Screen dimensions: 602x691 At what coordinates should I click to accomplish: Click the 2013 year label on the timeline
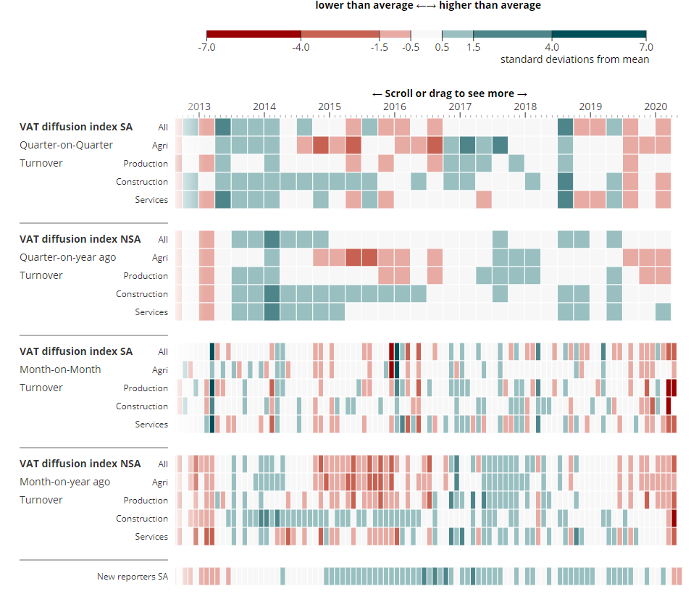[x=199, y=106]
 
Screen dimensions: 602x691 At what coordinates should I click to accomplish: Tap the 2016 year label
[x=395, y=106]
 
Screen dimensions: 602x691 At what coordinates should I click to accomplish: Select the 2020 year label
[x=656, y=106]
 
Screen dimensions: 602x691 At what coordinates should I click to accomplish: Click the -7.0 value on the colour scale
[x=207, y=47]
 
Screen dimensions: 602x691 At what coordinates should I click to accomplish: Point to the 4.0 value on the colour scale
[x=552, y=47]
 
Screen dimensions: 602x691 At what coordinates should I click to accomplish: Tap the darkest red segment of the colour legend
[x=254, y=34]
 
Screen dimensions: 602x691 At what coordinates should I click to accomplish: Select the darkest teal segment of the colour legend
[x=599, y=34]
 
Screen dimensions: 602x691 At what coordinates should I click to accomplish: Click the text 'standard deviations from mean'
[x=574, y=59]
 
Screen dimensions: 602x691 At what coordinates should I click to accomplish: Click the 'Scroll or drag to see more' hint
[x=449, y=93]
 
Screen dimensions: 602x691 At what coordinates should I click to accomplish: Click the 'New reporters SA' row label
[x=133, y=577]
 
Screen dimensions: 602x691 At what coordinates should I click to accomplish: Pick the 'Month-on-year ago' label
[x=64, y=482]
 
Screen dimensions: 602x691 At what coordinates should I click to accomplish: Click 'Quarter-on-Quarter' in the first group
[x=66, y=145]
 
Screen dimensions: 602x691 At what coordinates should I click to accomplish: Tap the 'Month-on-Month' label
[x=60, y=369]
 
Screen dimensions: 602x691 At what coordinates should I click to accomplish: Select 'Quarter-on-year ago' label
[x=67, y=257]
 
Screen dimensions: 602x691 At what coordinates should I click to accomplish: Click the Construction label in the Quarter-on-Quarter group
[x=142, y=182]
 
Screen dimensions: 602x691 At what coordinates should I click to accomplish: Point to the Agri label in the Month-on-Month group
[x=160, y=370]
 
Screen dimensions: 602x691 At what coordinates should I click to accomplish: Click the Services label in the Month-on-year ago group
[x=151, y=537]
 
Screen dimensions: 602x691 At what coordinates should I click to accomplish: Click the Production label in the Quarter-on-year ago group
[x=146, y=276]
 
